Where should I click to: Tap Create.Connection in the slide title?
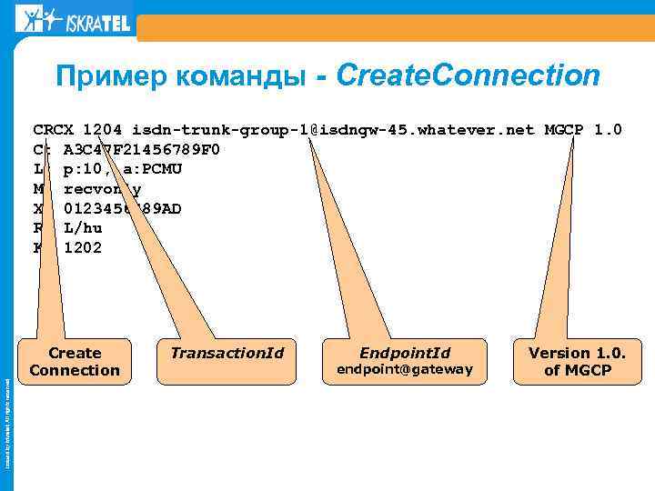point(468,75)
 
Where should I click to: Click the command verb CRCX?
point(54,129)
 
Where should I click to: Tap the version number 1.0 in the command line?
point(608,129)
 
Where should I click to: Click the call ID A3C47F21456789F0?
point(142,149)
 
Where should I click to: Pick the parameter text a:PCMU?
point(164,169)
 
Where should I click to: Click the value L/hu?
point(83,228)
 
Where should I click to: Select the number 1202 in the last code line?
point(83,247)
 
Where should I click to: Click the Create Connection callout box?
point(75,361)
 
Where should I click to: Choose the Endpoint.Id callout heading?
point(405,353)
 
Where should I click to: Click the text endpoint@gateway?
point(405,369)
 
